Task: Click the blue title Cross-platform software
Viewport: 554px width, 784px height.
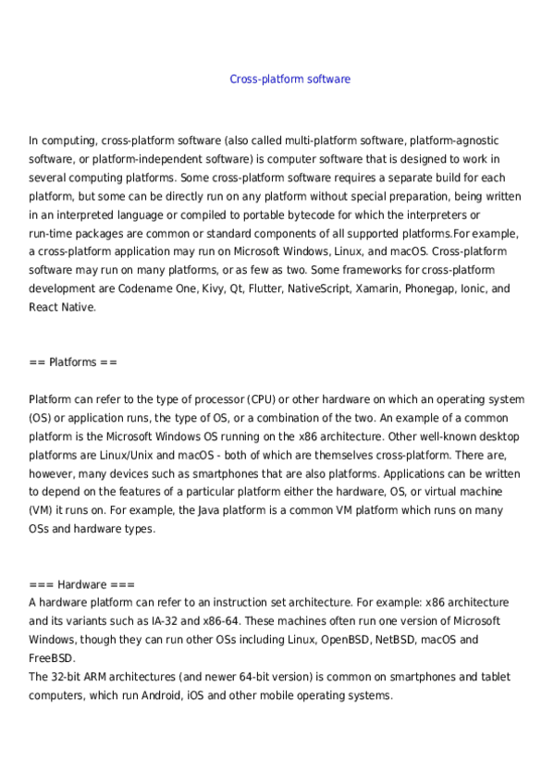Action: tap(289, 80)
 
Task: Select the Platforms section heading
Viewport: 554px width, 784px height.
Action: tap(73, 361)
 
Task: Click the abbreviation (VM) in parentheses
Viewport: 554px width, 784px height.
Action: tap(43, 510)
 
